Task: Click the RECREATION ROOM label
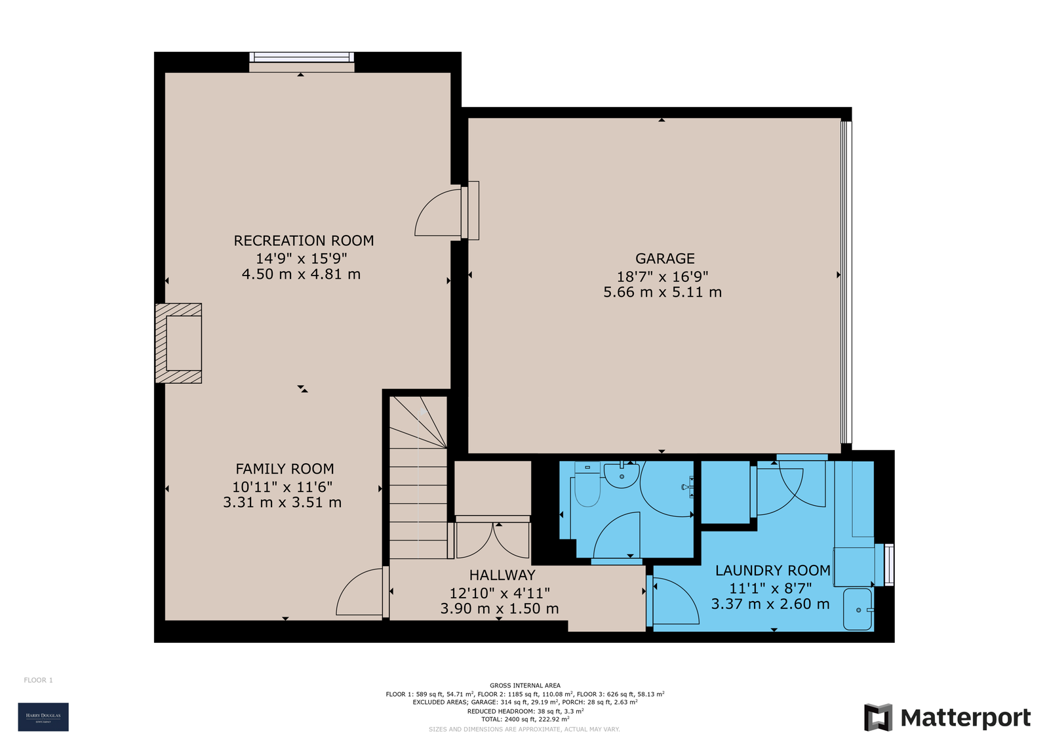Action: click(x=304, y=241)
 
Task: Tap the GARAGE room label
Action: click(x=664, y=258)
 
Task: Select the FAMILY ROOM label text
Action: click(x=285, y=469)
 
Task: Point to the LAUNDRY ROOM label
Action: click(x=772, y=571)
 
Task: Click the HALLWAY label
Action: click(x=502, y=575)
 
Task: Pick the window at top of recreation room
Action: click(x=302, y=57)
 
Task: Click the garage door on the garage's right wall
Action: click(x=846, y=282)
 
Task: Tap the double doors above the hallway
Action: click(x=492, y=538)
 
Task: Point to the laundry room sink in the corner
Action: click(x=858, y=609)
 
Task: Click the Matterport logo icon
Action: click(x=878, y=717)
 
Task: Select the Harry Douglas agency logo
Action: click(x=43, y=716)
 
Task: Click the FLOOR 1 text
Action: click(x=38, y=680)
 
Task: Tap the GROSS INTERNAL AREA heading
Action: click(x=524, y=686)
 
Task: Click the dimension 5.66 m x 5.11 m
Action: click(x=662, y=293)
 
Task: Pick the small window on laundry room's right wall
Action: click(x=888, y=564)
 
